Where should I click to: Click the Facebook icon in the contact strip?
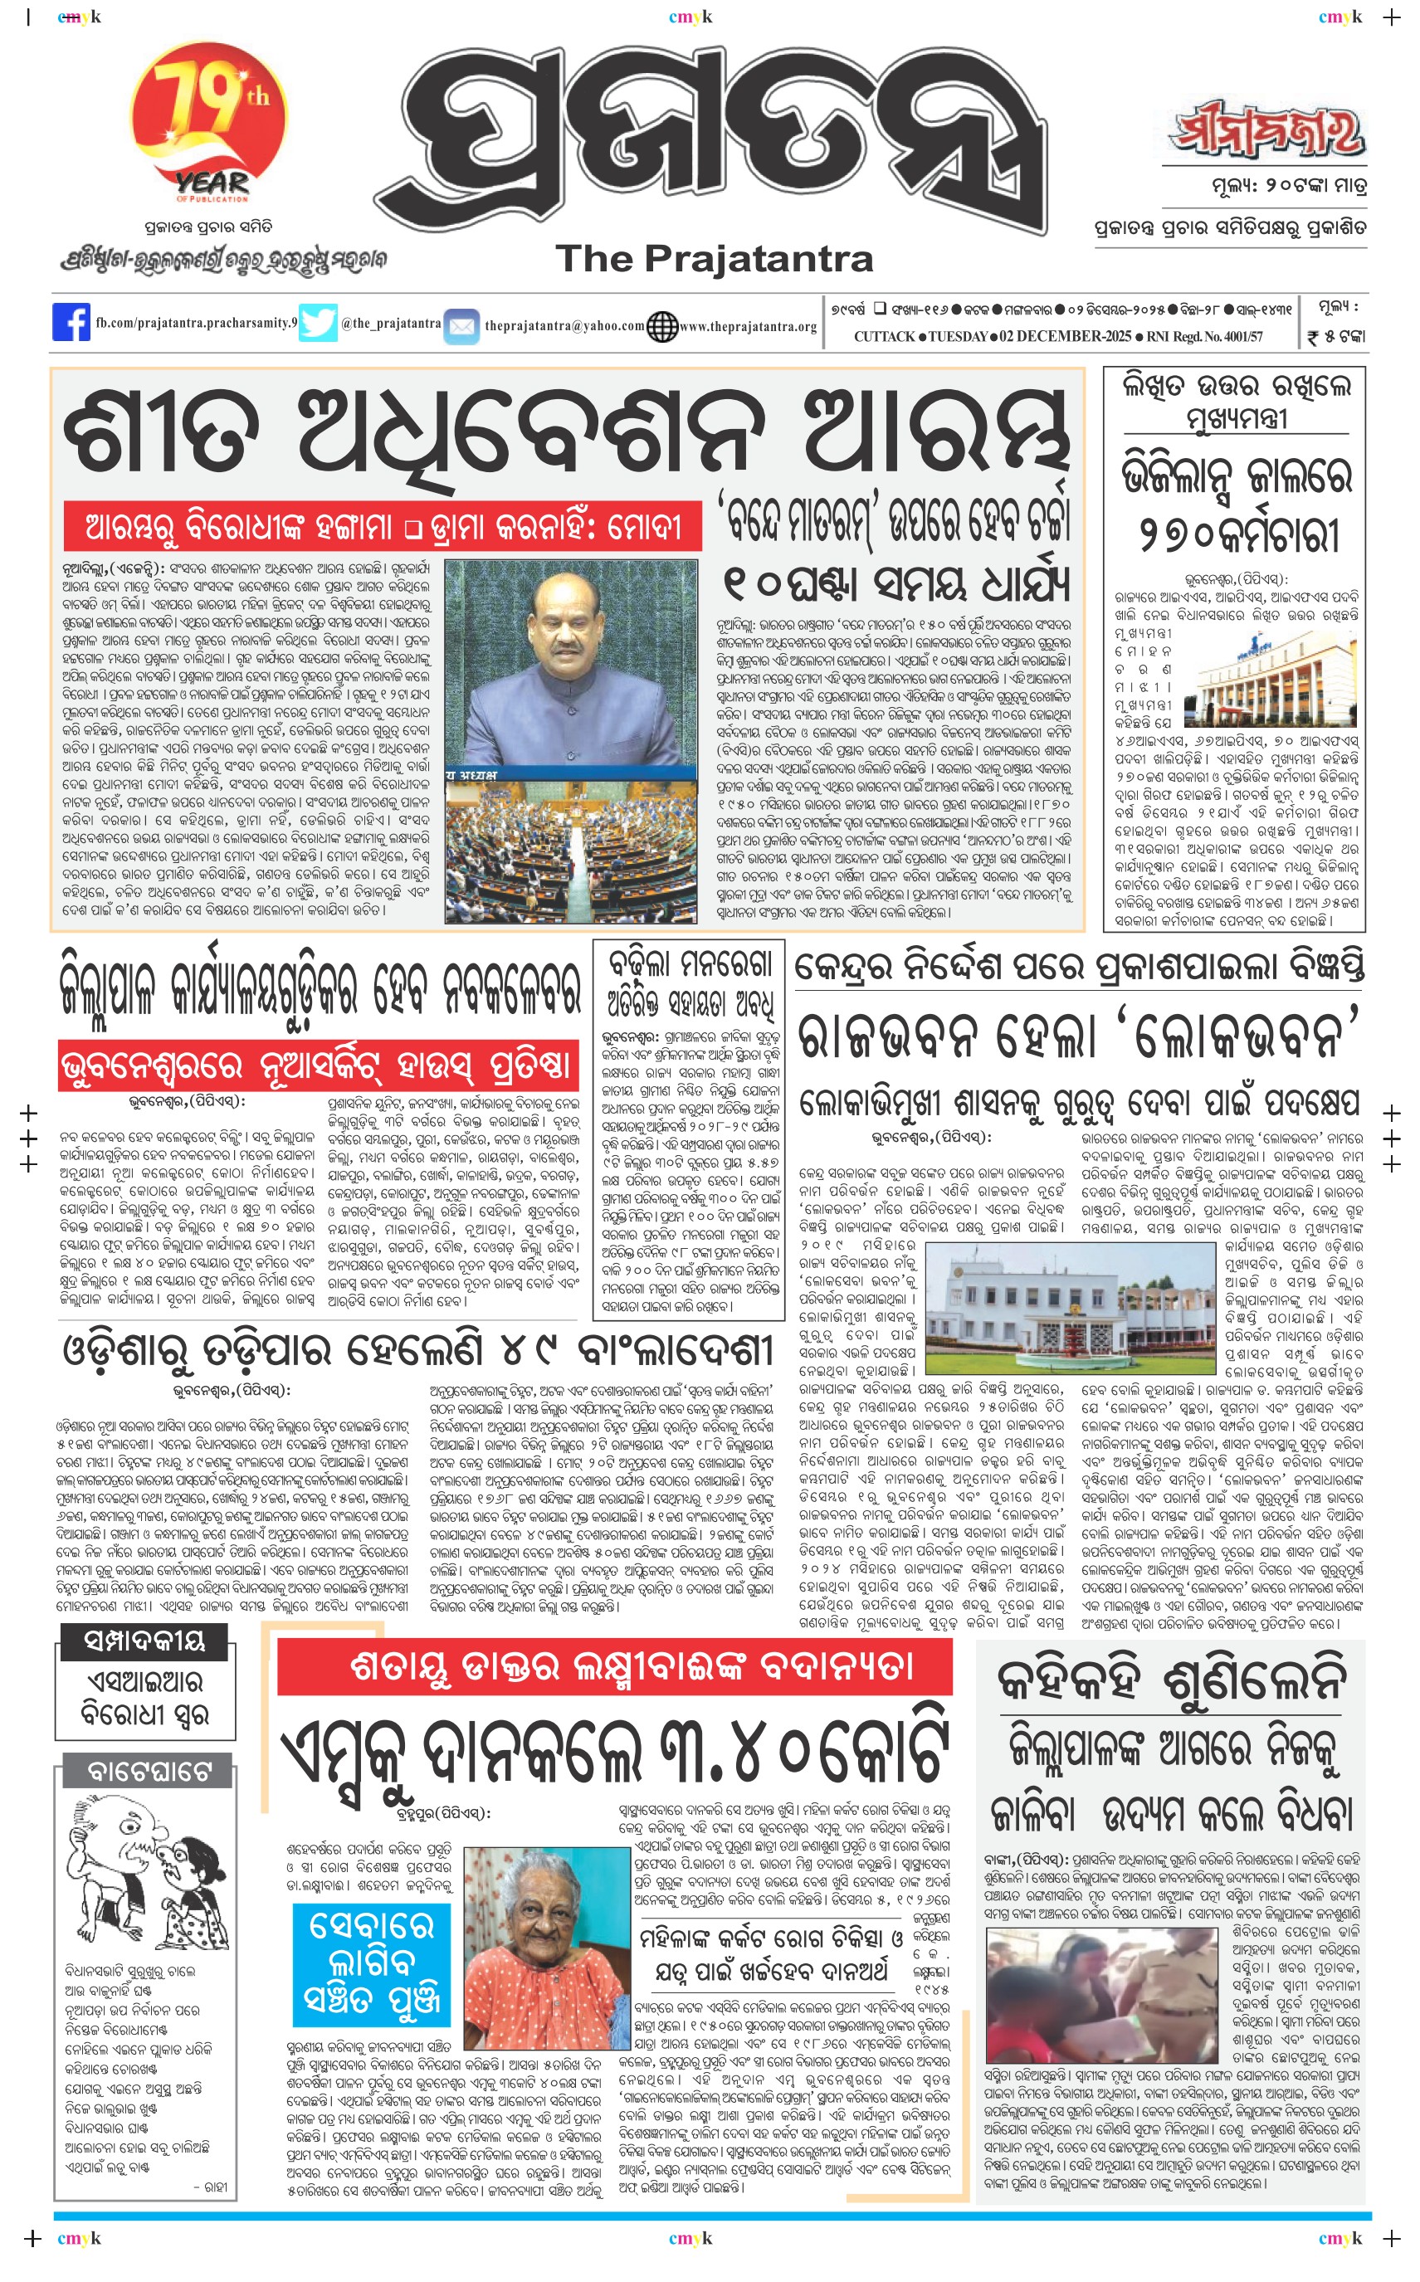click(71, 322)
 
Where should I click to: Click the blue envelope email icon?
click(461, 326)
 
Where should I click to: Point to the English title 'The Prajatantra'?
click(714, 258)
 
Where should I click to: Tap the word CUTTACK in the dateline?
click(884, 336)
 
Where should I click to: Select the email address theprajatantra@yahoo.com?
click(564, 326)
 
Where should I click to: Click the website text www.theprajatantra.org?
click(748, 327)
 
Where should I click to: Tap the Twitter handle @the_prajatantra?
click(391, 323)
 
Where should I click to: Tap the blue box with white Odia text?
click(371, 1964)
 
